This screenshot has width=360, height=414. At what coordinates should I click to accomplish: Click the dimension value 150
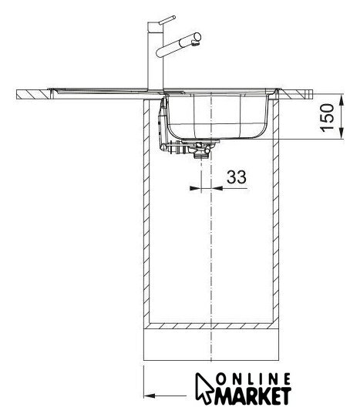tap(327, 117)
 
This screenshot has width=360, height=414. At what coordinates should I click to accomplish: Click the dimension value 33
tap(237, 177)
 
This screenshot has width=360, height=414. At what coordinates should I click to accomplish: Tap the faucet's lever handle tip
tap(173, 18)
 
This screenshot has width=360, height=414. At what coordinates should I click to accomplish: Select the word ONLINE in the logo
tap(254, 379)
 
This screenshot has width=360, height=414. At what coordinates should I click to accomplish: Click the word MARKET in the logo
tap(253, 396)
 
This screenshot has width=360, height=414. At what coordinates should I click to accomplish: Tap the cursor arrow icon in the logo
tap(204, 388)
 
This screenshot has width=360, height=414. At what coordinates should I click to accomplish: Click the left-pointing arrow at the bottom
tap(165, 395)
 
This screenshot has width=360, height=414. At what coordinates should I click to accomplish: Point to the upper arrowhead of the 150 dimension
tap(341, 100)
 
